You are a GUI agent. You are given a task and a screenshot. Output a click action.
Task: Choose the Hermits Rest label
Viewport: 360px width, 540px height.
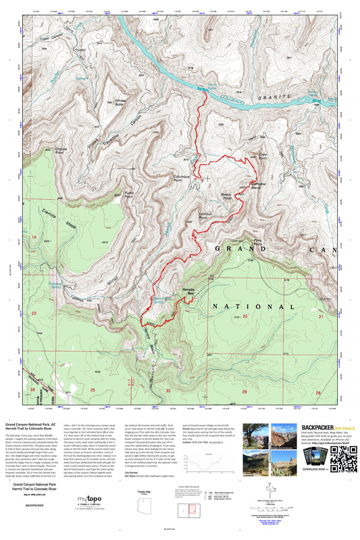(x=192, y=290)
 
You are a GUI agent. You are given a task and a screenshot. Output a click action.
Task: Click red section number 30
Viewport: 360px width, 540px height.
(x=168, y=390)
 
